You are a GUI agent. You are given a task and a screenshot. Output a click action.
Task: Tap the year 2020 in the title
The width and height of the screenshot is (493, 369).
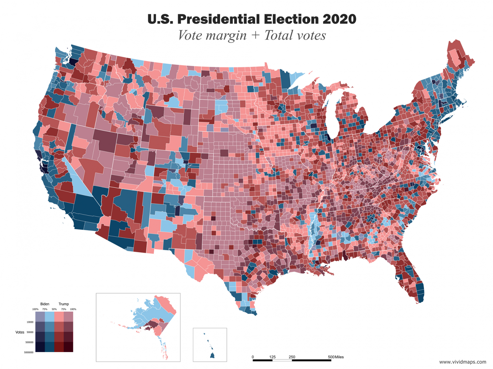[x=339, y=19]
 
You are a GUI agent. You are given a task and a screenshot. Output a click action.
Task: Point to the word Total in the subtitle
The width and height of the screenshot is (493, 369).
[x=278, y=36]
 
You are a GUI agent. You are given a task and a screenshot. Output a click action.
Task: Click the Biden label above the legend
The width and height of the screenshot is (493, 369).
[x=45, y=304]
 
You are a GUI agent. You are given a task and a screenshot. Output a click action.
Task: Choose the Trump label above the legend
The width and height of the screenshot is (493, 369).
[x=64, y=304]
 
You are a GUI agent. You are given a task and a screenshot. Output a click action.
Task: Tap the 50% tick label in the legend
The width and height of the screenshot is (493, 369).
[x=54, y=309]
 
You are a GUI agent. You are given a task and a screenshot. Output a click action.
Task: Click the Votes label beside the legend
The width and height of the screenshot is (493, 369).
[x=20, y=332]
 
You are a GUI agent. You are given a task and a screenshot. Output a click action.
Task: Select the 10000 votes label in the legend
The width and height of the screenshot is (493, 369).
[x=30, y=322]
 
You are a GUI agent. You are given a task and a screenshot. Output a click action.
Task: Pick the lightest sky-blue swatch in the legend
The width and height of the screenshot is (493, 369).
[x=49, y=317]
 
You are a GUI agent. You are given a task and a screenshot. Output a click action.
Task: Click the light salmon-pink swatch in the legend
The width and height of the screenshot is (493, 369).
[x=59, y=317]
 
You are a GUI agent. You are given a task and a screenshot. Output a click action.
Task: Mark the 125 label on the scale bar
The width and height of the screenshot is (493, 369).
[x=272, y=357]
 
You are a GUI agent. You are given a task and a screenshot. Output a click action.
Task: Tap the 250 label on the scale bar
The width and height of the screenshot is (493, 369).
[x=292, y=357]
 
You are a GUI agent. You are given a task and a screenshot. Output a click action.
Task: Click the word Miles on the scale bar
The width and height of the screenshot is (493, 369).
[x=339, y=357]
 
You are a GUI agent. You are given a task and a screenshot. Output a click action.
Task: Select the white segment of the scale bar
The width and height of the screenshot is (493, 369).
[x=282, y=360]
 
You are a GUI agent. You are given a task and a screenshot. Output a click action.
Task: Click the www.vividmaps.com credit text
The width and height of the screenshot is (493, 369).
[x=463, y=362]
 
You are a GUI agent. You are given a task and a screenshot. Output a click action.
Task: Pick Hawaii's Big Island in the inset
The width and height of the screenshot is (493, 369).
[x=212, y=355]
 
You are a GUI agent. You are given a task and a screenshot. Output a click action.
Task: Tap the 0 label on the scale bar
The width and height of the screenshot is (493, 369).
[x=253, y=357]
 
